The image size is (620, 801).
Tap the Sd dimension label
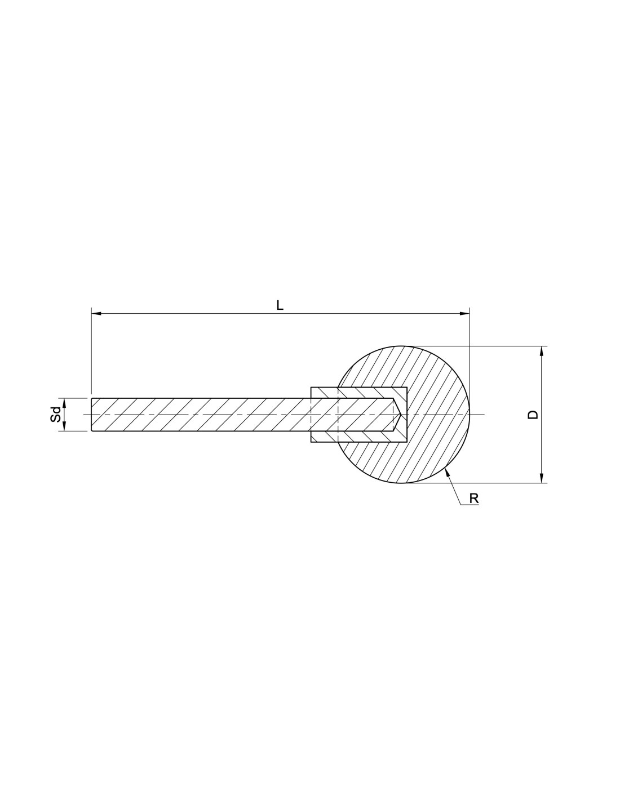[x=55, y=415]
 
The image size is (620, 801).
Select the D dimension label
[x=533, y=415]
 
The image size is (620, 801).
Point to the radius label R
[x=474, y=499]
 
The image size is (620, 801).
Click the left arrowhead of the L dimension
[x=96, y=313]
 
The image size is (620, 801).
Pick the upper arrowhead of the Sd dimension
[x=64, y=403]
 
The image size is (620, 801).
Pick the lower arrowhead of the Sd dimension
[x=64, y=426]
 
